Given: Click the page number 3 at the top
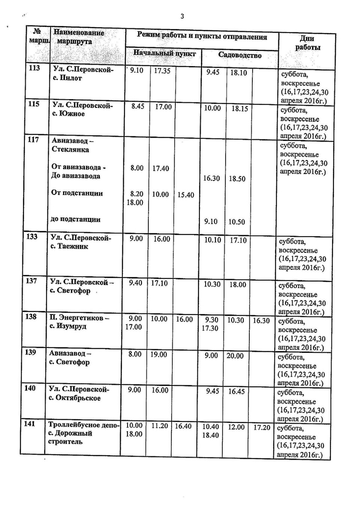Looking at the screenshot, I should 182,16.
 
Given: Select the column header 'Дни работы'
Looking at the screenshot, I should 307,43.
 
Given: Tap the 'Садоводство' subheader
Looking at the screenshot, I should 240,55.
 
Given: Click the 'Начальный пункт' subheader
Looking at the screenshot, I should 164,53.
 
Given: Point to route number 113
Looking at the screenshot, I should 34,68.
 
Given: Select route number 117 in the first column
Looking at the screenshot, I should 33,140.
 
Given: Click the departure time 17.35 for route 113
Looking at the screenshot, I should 162,71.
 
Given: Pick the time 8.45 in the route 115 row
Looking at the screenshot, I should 138,106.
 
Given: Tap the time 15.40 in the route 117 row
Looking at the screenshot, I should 186,195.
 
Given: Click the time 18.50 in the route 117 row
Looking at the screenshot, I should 237,179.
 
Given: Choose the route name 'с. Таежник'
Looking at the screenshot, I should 69,246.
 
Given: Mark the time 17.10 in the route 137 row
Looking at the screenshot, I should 159,283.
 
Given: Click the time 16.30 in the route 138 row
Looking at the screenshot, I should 261,320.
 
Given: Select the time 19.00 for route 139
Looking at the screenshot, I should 159,354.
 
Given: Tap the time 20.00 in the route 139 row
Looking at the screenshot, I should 235,356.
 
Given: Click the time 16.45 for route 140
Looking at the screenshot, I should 236,391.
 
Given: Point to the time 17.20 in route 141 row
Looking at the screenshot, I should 262,427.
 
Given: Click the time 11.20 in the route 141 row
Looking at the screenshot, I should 159,426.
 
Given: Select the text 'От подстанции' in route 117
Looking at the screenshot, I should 77,193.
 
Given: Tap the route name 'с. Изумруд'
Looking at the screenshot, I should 68,326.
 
